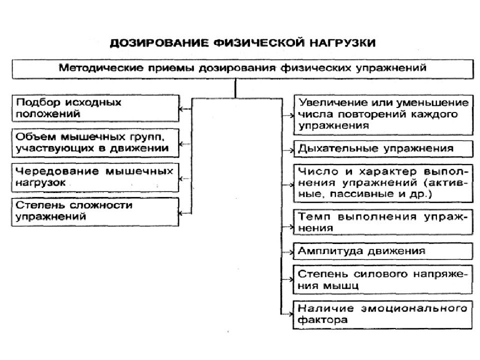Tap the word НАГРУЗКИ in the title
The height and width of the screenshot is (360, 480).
[x=342, y=43]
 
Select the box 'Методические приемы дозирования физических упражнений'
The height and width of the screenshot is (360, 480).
[x=243, y=69]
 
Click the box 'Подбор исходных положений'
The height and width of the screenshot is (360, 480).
[x=95, y=108]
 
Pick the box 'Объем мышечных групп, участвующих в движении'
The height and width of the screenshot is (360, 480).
[x=95, y=143]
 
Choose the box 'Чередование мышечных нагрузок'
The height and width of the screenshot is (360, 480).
[x=95, y=177]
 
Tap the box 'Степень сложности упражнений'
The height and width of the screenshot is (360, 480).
[x=95, y=212]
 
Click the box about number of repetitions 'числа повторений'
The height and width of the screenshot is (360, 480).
[x=383, y=115]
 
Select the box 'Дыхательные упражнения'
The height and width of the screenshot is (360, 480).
[x=383, y=149]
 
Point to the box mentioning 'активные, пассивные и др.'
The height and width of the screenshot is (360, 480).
[x=383, y=183]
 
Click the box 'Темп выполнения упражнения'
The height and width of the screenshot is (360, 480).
[x=383, y=222]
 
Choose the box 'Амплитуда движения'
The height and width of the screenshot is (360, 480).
[x=383, y=251]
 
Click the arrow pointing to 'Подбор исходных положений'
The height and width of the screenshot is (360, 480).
[x=185, y=108]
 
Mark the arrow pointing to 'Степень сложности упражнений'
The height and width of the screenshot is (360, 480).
[x=185, y=213]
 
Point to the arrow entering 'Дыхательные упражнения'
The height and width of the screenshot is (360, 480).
[x=288, y=150]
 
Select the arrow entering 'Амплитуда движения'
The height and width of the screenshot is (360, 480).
[x=287, y=252]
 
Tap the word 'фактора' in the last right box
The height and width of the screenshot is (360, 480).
[x=322, y=320]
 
